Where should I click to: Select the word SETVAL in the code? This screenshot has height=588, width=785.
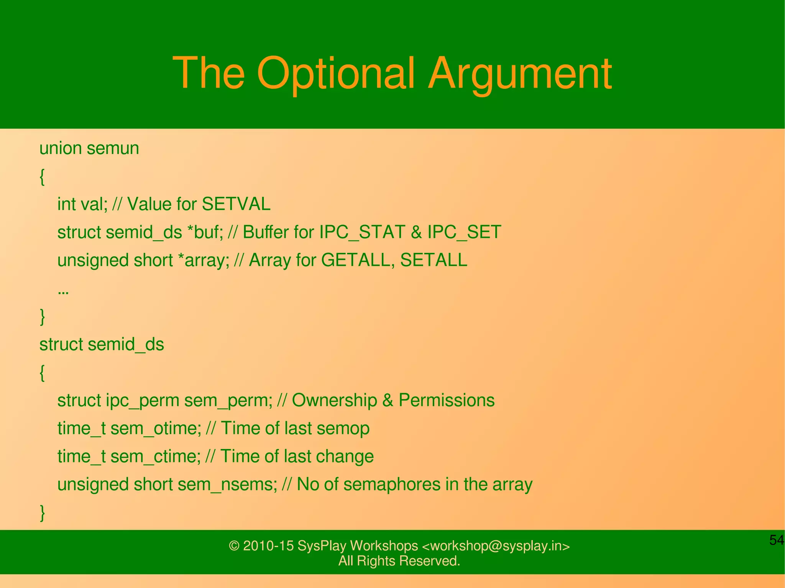236,204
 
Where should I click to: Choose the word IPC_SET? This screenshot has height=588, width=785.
464,232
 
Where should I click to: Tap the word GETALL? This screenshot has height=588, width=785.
358,260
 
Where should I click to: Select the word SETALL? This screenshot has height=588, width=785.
434,260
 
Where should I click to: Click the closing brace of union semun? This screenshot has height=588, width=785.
43,317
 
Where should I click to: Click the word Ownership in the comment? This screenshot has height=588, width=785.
334,400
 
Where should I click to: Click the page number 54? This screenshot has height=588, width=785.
776,540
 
